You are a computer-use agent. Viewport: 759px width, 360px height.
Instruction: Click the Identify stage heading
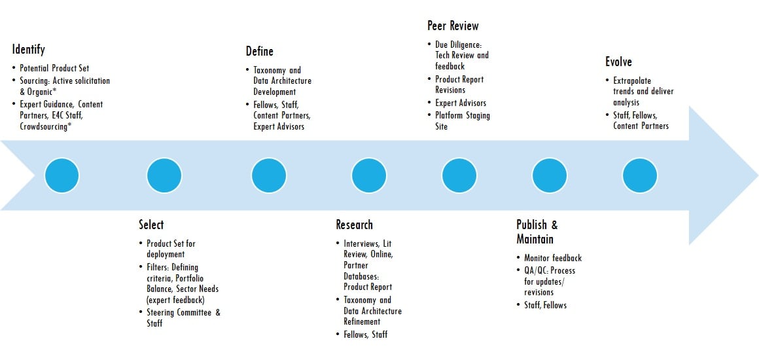click(29, 50)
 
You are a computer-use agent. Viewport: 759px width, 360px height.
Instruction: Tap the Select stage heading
click(151, 225)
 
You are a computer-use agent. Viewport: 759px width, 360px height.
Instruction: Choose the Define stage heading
click(260, 51)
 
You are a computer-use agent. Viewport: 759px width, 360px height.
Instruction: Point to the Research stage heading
click(355, 225)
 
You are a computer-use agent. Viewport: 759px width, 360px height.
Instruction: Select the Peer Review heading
click(453, 25)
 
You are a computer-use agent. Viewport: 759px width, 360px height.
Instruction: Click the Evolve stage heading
click(618, 62)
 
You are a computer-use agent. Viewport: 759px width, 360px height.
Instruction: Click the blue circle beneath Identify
click(62, 175)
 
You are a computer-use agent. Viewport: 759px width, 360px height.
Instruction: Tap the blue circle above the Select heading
click(164, 175)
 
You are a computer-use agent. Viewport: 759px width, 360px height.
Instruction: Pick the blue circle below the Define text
click(269, 175)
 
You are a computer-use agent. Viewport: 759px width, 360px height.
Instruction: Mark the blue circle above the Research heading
click(369, 175)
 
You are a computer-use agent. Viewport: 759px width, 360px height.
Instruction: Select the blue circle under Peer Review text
click(459, 175)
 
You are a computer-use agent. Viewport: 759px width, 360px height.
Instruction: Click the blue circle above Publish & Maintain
click(550, 175)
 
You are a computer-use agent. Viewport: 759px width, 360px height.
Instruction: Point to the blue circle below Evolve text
click(640, 175)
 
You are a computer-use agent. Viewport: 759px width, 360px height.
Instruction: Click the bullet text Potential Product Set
click(54, 68)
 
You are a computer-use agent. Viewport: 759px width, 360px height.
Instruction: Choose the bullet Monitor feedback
click(553, 259)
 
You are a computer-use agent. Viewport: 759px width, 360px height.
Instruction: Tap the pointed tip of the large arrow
click(757, 175)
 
